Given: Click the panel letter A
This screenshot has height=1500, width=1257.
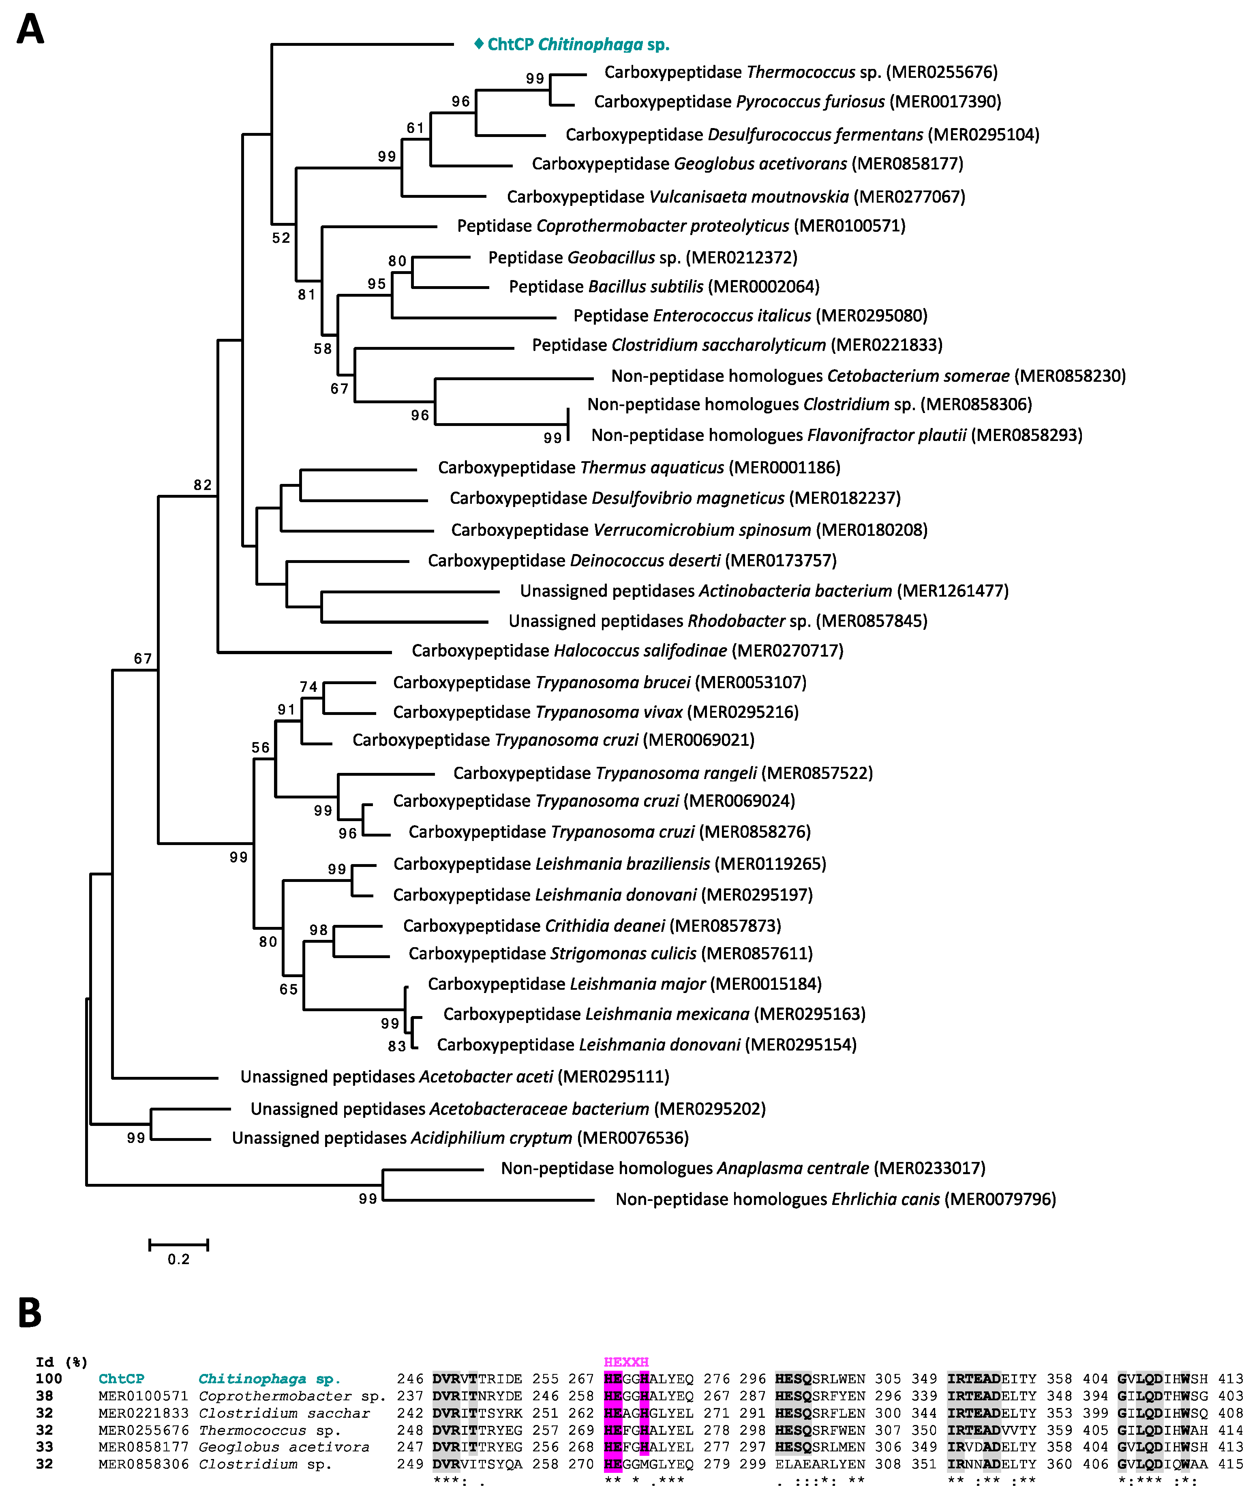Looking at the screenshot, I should click(30, 30).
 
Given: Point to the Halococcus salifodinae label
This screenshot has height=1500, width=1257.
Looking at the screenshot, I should click(627, 651).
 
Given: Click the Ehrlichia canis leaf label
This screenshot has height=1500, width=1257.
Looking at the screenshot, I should click(835, 1199).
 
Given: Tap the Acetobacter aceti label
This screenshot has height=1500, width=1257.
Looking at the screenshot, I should click(454, 1076).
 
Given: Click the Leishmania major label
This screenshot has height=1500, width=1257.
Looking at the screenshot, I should click(624, 984).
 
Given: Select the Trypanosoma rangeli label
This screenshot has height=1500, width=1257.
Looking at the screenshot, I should click(663, 773).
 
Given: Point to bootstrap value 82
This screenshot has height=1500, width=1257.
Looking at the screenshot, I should click(203, 485).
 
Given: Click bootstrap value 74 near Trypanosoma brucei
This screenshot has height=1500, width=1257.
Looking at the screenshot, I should click(308, 687).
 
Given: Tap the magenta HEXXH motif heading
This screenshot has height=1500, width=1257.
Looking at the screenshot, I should click(625, 1362).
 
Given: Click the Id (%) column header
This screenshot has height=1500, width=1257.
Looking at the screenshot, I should click(62, 1362).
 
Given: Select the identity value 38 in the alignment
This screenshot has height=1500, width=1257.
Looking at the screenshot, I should click(44, 1396).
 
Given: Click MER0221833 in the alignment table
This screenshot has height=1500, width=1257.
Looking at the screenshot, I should click(143, 1413).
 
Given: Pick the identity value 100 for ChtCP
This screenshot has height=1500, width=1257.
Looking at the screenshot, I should click(49, 1378).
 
